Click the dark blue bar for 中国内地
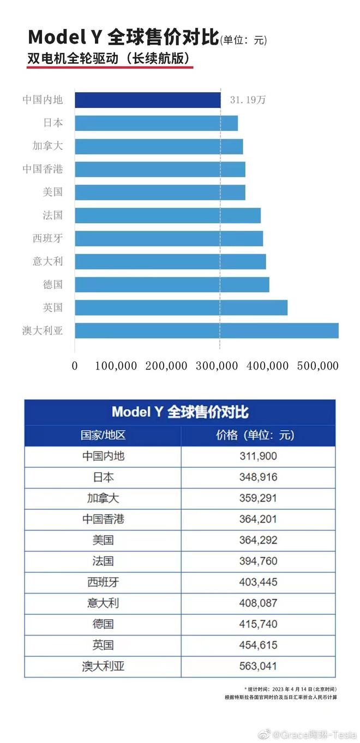147,100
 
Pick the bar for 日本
156,123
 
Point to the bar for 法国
167,215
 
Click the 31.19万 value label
248,100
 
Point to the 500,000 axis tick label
317,366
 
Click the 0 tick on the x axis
75,366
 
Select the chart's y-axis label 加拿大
47,146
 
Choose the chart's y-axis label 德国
53,285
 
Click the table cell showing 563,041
258,666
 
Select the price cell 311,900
258,456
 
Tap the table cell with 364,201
258,520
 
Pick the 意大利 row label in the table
103,603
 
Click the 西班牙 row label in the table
103,582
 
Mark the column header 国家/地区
103,436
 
